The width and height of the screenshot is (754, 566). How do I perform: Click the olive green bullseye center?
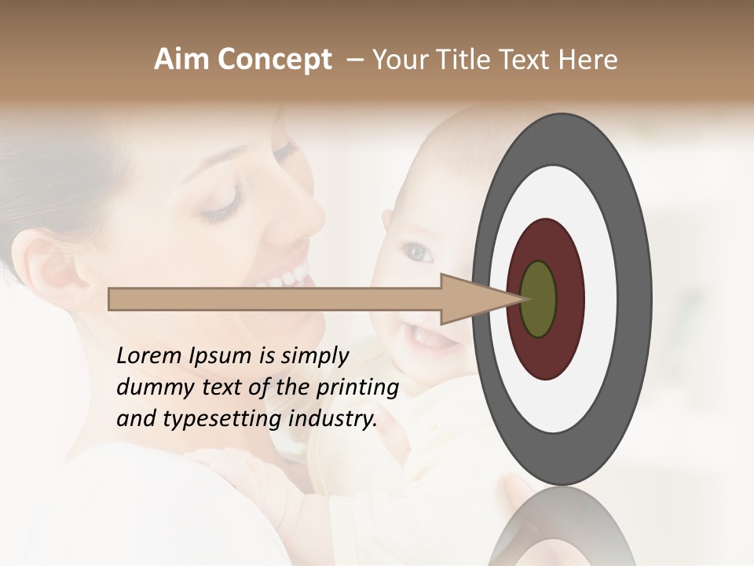tap(538, 299)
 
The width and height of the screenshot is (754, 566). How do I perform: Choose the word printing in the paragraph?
tap(357, 388)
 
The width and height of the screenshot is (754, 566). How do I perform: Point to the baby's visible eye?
tap(416, 253)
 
